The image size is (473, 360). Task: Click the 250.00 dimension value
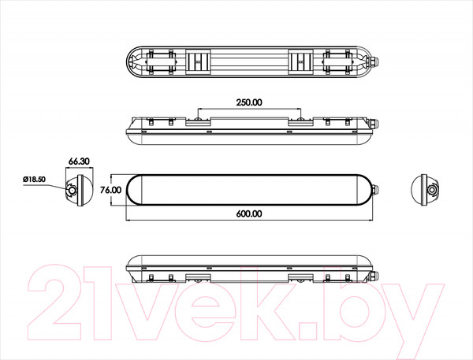[249, 102]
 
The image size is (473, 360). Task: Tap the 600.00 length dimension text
[249, 213]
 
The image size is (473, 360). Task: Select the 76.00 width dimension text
[110, 190]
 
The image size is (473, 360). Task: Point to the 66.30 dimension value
[79, 161]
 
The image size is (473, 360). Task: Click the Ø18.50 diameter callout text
[34, 179]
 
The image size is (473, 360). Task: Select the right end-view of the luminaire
[425, 190]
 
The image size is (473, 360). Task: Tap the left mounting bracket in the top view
[198, 61]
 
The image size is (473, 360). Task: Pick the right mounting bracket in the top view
[300, 61]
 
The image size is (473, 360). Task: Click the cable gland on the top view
[373, 61]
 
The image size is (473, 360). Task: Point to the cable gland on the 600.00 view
[375, 190]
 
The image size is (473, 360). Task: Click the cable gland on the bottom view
[374, 275]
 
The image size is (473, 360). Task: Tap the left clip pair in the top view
[160, 61]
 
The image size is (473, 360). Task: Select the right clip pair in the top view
[337, 61]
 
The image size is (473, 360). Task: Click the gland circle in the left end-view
[72, 191]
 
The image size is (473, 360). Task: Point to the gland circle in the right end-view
[432, 190]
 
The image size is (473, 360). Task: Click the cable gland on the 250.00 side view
[374, 124]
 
